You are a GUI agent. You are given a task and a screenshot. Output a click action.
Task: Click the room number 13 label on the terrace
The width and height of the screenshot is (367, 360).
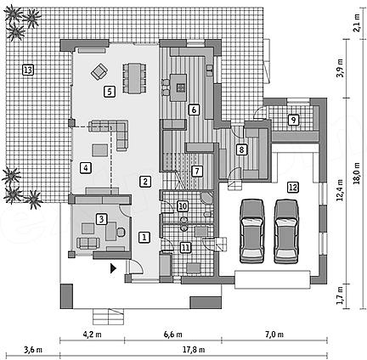click(28, 70)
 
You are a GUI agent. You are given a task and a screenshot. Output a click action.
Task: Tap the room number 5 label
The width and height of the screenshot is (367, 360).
click(110, 92)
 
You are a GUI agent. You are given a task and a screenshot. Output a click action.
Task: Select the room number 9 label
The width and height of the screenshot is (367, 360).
click(293, 120)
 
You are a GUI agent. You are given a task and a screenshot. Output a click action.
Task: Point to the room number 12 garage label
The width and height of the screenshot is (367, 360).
click(293, 187)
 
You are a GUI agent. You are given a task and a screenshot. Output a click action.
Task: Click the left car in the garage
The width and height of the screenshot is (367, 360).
click(251, 231)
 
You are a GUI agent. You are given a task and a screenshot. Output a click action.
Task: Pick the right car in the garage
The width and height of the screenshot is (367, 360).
click(286, 232)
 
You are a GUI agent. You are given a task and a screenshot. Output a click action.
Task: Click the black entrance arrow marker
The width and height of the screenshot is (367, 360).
click(113, 268)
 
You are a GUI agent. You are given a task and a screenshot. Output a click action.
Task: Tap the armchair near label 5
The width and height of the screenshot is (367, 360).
click(99, 71)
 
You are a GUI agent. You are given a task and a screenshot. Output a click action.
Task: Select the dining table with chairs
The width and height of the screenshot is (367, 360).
click(134, 78)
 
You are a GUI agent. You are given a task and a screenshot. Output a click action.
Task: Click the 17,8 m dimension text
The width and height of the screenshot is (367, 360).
click(195, 350)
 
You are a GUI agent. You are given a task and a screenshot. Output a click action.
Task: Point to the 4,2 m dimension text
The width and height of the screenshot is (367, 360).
click(93, 335)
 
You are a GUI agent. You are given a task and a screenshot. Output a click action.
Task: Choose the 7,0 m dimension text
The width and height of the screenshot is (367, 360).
click(274, 335)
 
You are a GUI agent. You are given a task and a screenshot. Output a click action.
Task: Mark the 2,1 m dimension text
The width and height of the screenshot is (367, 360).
click(358, 24)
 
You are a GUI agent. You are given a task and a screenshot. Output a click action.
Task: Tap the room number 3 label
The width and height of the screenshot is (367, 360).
click(102, 219)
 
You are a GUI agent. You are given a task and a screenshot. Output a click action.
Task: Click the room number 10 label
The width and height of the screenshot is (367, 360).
click(183, 206)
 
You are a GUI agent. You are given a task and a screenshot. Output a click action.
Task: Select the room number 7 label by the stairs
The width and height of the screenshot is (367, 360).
click(197, 172)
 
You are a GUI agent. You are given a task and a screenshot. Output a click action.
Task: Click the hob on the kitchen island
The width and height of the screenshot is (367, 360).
click(180, 87)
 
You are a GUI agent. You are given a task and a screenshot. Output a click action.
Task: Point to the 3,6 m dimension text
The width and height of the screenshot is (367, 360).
click(33, 350)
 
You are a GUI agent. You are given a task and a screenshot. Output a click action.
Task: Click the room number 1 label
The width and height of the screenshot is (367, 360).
click(144, 237)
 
